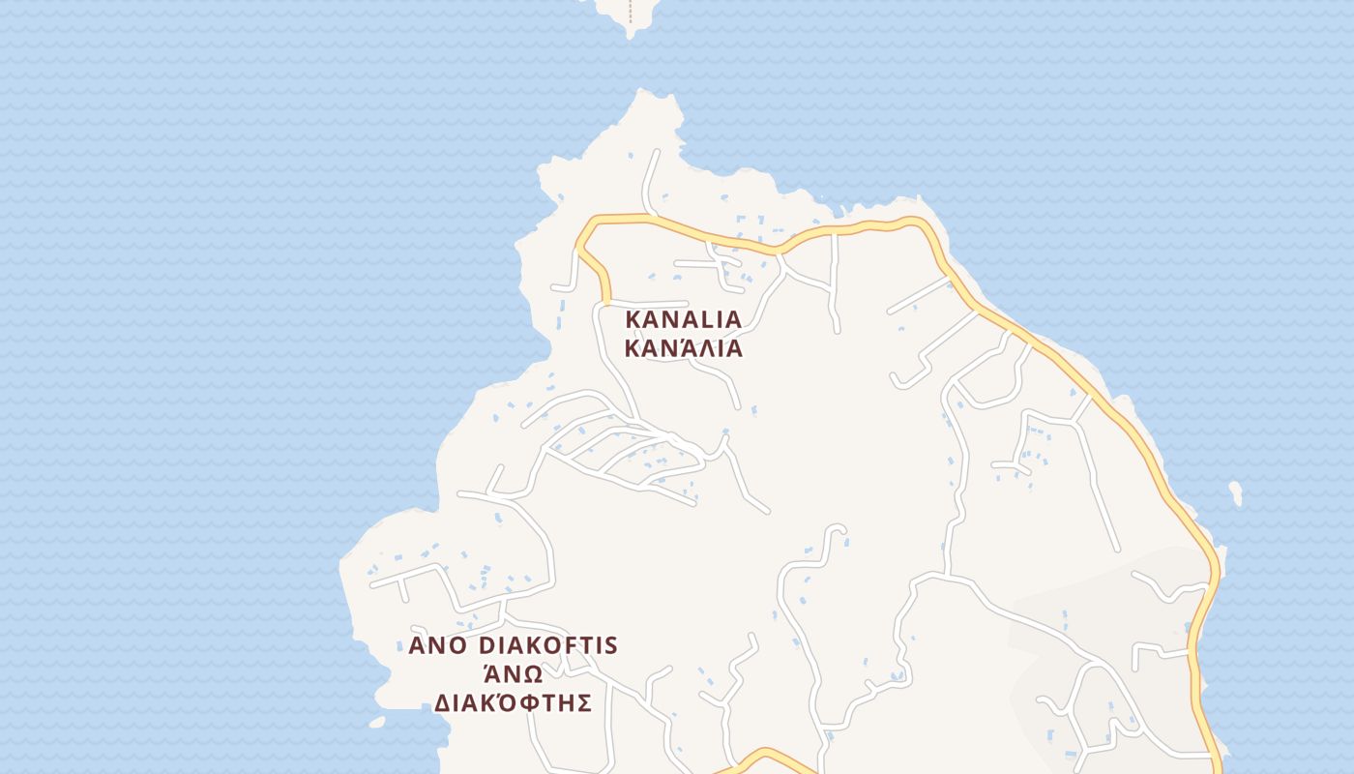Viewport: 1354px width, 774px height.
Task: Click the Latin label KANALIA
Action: [x=683, y=319]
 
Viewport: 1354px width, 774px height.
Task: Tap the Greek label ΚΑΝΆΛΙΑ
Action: [x=683, y=348]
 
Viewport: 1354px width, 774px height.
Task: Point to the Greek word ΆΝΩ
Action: [x=512, y=673]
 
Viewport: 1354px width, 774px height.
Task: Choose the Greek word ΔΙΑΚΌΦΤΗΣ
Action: [x=512, y=702]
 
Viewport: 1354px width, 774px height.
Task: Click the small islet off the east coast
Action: [x=1235, y=492]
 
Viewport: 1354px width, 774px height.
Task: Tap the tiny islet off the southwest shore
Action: [x=376, y=722]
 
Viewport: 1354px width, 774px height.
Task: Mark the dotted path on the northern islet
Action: [x=631, y=12]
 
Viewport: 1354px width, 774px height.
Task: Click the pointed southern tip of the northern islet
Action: [x=631, y=35]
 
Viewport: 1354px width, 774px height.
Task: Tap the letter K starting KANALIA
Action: [x=633, y=319]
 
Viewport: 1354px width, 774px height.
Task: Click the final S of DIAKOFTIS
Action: [x=611, y=645]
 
